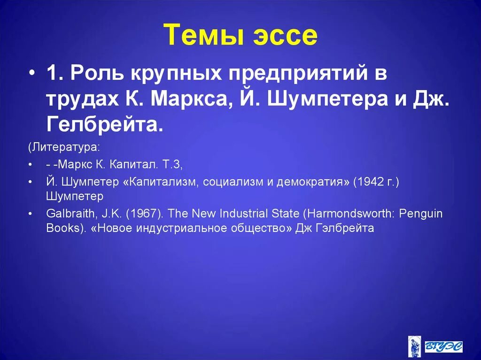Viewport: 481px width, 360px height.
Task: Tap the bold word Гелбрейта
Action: coord(104,124)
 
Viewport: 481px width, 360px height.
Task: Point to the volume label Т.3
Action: coord(171,165)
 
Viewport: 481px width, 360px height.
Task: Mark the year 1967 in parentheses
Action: coord(142,214)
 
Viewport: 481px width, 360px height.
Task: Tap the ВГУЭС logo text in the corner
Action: coord(443,346)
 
